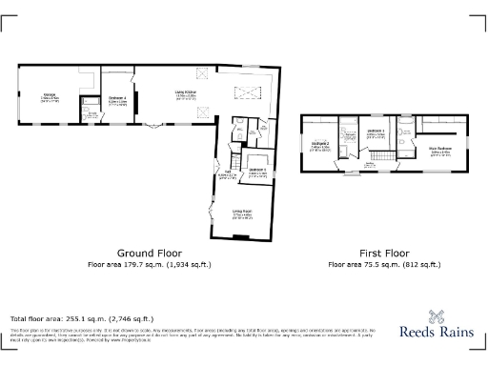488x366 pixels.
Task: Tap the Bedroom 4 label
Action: click(x=116, y=99)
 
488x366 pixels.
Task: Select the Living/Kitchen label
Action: click(x=185, y=93)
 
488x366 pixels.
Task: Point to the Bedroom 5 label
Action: click(x=256, y=170)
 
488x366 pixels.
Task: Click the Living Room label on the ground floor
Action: click(x=242, y=213)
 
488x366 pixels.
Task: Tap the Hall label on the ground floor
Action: click(x=229, y=173)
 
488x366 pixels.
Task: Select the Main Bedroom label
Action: click(x=439, y=149)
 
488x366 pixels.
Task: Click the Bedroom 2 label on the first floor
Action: click(x=321, y=145)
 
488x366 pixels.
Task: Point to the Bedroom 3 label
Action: click(x=376, y=132)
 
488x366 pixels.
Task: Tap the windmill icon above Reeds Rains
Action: click(x=439, y=316)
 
